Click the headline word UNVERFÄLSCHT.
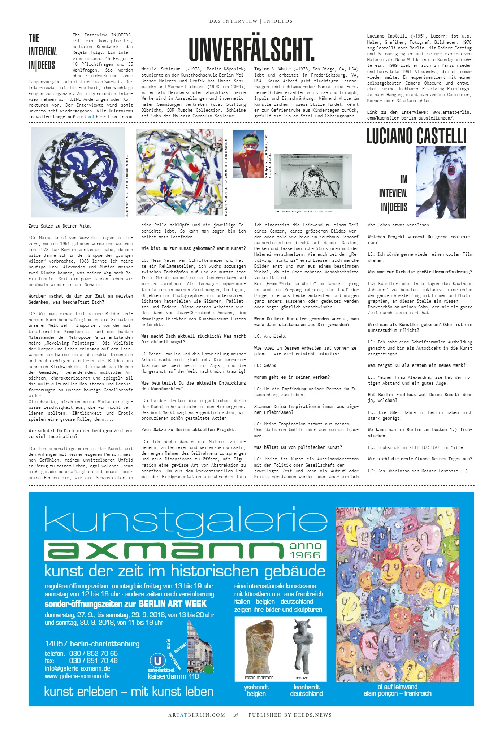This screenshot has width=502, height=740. coord(251,49)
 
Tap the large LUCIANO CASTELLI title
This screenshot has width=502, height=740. coord(416,136)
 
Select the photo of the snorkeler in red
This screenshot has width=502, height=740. coord(248,154)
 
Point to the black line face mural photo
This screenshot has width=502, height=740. coord(313,181)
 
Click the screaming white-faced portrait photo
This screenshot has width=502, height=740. coord(441,182)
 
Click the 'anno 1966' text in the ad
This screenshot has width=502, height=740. coord(306,550)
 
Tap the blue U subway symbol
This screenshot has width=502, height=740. coord(157,661)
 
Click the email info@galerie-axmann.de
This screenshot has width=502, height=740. coord(77,668)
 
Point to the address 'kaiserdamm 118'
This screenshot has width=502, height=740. coord(173,676)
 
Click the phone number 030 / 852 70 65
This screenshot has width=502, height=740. coord(93,653)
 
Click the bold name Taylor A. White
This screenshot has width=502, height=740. coord(272,69)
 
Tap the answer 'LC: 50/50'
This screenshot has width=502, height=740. coord(265,365)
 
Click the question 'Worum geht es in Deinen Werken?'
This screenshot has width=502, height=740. coord(292,377)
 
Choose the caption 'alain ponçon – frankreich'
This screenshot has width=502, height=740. coord(397,693)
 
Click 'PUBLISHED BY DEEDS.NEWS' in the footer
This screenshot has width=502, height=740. coord(290,715)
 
